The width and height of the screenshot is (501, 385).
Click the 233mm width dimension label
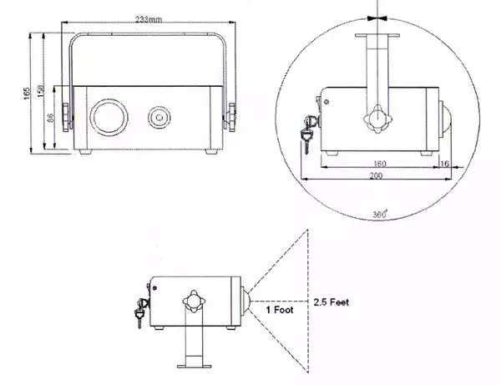149,19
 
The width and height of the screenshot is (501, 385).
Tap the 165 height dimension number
27,94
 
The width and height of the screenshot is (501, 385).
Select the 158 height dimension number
41,91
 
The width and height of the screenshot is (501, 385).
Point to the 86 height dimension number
50,118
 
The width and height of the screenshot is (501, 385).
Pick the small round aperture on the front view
159,117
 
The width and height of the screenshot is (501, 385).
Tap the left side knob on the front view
66,117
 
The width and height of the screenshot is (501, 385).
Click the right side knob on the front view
232,117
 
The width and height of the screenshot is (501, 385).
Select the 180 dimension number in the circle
380,164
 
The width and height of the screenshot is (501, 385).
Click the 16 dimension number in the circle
445,164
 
